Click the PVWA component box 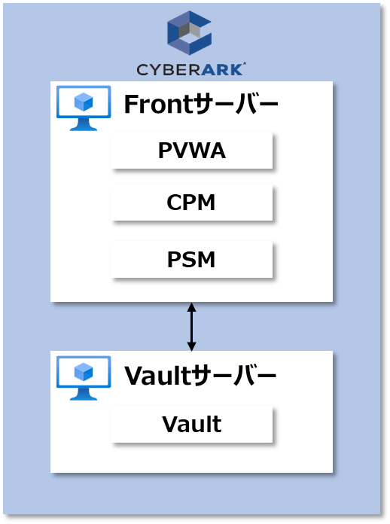(x=191, y=151)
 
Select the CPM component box (x=191, y=203)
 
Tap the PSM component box (x=191, y=259)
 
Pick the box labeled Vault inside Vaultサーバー (x=191, y=424)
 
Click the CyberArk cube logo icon (x=189, y=33)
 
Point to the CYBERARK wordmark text (x=191, y=69)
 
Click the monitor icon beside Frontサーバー (x=84, y=108)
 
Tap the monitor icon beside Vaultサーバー (x=84, y=378)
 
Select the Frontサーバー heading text (x=201, y=104)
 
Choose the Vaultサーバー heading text (x=200, y=375)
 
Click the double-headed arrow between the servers (x=191, y=327)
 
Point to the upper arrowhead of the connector (x=191, y=306)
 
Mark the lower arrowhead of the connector (x=191, y=346)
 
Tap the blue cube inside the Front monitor (x=84, y=102)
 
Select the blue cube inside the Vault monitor (x=84, y=372)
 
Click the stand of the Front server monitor (x=84, y=125)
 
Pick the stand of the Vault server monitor (x=84, y=395)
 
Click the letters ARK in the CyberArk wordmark (x=222, y=69)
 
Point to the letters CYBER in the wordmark (x=168, y=69)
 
